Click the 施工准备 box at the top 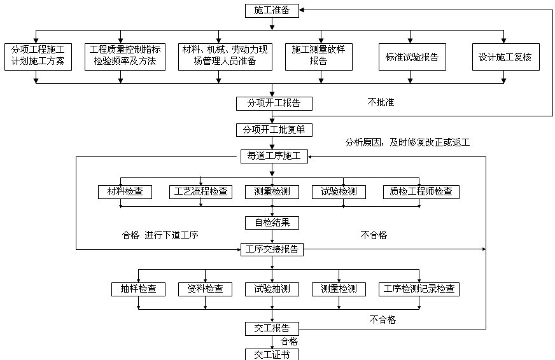click(x=272, y=11)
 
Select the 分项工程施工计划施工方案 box click(x=38, y=57)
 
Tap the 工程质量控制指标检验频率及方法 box click(x=125, y=57)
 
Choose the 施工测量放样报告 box click(x=319, y=57)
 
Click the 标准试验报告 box click(x=412, y=57)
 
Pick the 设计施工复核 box click(x=506, y=57)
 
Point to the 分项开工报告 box click(x=274, y=104)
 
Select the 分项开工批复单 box click(x=274, y=130)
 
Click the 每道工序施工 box click(x=274, y=156)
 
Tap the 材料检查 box click(x=125, y=192)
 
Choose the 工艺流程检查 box click(x=200, y=192)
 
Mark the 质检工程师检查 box click(x=421, y=192)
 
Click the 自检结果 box click(x=272, y=223)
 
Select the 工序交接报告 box click(x=272, y=250)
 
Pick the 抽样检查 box click(x=138, y=289)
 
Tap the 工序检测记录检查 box click(x=419, y=289)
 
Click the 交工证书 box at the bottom click(x=272, y=354)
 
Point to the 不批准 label click(x=381, y=102)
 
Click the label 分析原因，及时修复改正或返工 click(x=407, y=142)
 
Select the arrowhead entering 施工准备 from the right click(x=302, y=10)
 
